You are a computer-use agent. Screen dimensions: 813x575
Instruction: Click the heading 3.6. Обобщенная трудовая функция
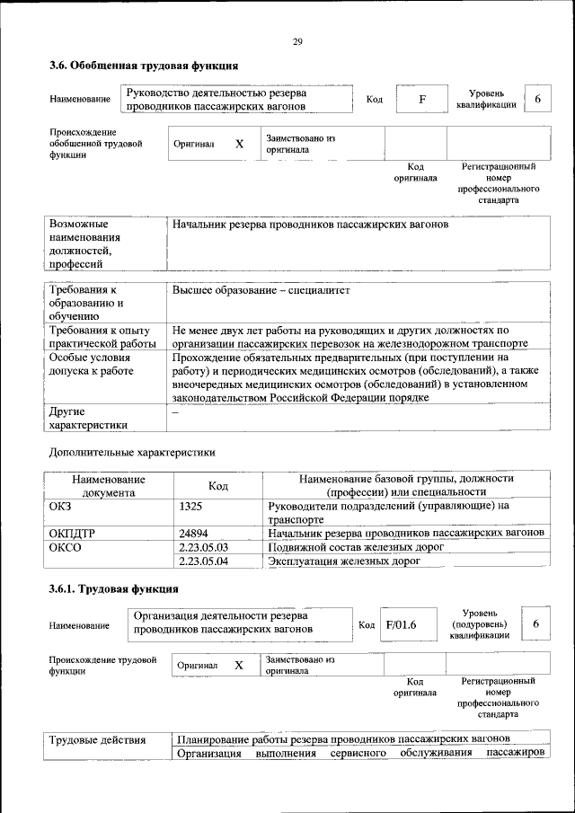[x=143, y=66]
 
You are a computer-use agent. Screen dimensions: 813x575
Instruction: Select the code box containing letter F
[x=421, y=99]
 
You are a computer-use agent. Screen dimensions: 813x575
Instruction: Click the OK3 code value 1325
[x=190, y=507]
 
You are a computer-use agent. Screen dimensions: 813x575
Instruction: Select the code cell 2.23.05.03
[x=204, y=547]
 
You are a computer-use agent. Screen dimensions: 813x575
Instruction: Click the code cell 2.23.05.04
[x=204, y=561]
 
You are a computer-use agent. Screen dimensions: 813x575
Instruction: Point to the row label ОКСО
[x=66, y=547]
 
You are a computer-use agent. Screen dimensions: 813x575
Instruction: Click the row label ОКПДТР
[x=72, y=533]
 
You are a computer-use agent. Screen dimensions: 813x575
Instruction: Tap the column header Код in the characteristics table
[x=217, y=486]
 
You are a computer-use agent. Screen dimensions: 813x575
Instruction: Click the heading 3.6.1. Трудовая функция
[x=113, y=589]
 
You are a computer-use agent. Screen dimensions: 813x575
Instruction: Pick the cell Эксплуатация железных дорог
[x=344, y=561]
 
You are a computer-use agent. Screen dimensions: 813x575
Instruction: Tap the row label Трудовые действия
[x=97, y=739]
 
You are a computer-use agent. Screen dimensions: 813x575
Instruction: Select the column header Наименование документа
[x=109, y=486]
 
